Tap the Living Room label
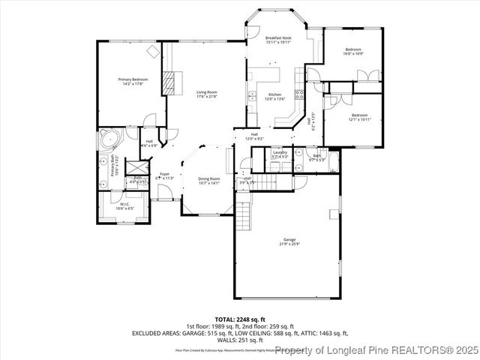(x=206, y=94)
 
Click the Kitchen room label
(x=275, y=97)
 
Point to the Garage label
(x=289, y=243)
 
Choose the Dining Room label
(x=208, y=180)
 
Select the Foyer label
(x=163, y=176)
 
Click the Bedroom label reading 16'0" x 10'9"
(x=353, y=52)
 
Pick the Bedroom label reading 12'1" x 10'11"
(x=359, y=118)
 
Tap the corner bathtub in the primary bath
(x=109, y=139)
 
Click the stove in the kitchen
(x=299, y=94)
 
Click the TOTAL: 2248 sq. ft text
(x=240, y=320)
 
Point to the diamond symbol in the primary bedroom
(x=153, y=51)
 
